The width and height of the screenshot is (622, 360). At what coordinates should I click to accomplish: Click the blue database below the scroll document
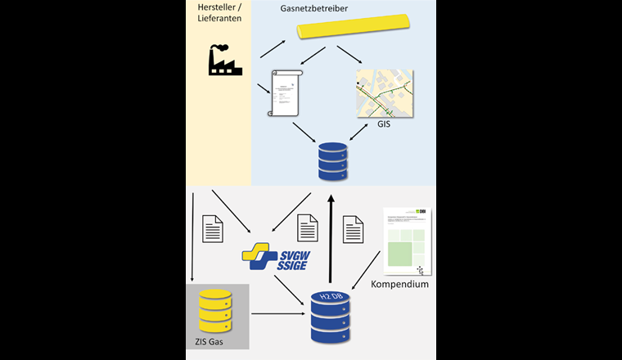tap(331, 163)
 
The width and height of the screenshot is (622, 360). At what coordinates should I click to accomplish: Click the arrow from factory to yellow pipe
tap(272, 48)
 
